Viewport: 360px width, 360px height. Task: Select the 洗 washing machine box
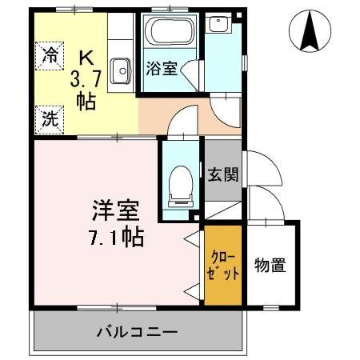tap(50, 121)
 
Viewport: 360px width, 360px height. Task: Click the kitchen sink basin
tap(121, 70)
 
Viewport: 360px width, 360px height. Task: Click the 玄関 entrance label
tap(223, 173)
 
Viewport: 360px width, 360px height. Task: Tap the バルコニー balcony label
tap(138, 330)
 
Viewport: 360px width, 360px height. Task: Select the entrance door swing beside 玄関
tap(259, 167)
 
